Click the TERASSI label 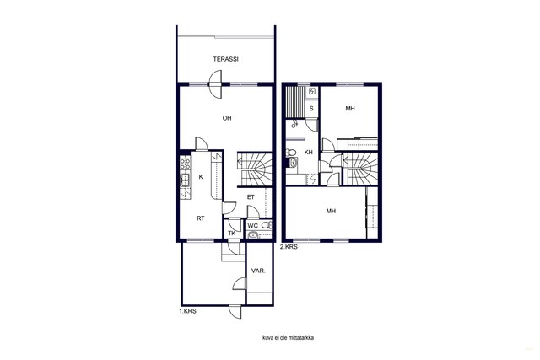[225, 59]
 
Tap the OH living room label [227, 118]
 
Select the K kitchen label [201, 177]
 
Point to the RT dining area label [201, 218]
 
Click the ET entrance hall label [251, 197]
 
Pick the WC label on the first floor [253, 226]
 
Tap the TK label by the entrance [232, 234]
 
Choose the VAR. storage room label [258, 271]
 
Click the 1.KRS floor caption [187, 311]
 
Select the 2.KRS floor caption [289, 247]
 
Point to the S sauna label [311, 109]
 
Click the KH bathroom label [309, 152]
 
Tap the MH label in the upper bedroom [350, 109]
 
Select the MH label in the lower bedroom [331, 211]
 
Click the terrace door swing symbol [215, 84]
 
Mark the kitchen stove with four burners [186, 164]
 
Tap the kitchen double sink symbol [185, 180]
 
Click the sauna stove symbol [312, 91]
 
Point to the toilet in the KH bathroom [291, 152]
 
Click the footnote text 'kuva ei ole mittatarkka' [288, 337]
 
